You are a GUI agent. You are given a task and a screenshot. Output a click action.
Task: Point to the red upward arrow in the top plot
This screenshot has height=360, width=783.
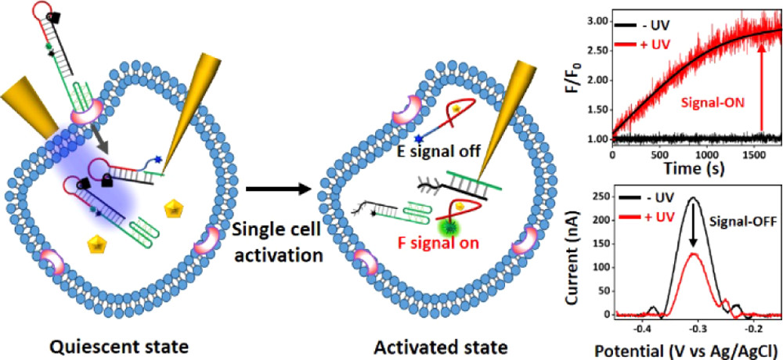click(x=762, y=86)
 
